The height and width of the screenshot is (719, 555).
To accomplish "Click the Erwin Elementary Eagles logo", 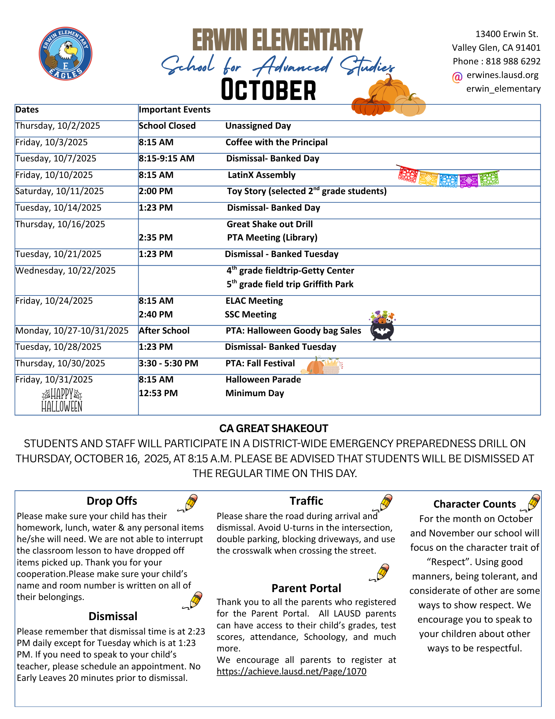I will [65, 54].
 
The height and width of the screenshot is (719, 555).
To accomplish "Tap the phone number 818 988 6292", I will [513, 61].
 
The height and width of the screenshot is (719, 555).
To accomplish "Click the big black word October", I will [268, 90].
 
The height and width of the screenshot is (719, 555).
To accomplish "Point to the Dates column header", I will [27, 110].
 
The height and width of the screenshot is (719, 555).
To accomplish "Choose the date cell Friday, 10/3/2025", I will [51, 142].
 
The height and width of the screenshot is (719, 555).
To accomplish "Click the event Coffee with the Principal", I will [276, 142].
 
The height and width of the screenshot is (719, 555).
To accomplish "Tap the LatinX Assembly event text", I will [262, 175].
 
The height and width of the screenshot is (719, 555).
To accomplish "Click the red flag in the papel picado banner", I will [408, 175].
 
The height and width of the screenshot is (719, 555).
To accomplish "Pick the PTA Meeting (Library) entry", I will [272, 238].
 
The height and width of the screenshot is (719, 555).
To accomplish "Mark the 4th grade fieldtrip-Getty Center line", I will [290, 271].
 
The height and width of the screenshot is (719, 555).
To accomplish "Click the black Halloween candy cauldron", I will [382, 326].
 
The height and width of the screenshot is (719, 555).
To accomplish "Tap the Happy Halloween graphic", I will [62, 400].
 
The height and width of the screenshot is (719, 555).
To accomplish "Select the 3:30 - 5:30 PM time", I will [168, 363].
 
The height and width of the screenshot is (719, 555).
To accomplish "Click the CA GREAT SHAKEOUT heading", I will [274, 429].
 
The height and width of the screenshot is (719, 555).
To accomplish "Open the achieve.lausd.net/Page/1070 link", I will [291, 672].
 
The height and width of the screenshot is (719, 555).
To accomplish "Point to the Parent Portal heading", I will [306, 588].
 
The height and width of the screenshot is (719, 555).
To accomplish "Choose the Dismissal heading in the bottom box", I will [113, 616].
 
